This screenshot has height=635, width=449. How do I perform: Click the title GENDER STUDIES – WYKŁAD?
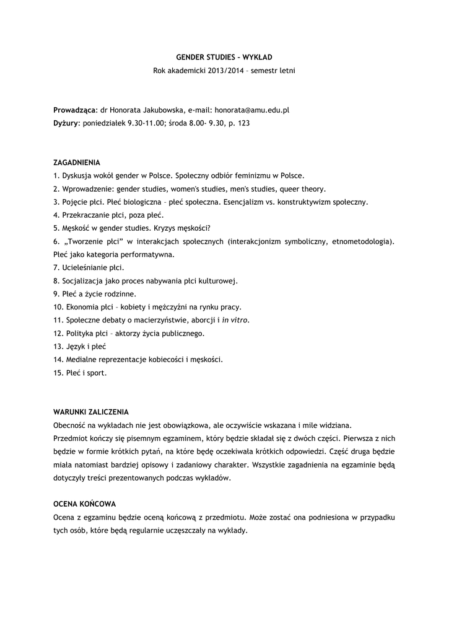[x=224, y=58]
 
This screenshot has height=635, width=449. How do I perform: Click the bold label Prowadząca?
[x=74, y=110]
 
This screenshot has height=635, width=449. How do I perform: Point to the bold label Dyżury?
[x=66, y=123]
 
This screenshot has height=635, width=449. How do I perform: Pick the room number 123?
[x=244, y=123]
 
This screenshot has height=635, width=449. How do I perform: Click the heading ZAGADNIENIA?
[x=77, y=162]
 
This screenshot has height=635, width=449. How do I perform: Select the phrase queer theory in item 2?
[x=302, y=189]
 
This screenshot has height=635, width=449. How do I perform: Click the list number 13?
[x=58, y=346]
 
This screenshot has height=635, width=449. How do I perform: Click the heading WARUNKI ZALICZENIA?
[x=91, y=412]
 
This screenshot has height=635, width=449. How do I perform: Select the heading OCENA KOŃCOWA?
[x=84, y=504]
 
